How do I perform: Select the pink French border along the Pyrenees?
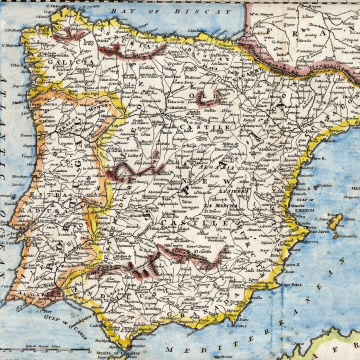(x=280, y=70)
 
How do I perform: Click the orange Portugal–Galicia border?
(x=60, y=92)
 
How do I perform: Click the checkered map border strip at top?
(x=180, y=2)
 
